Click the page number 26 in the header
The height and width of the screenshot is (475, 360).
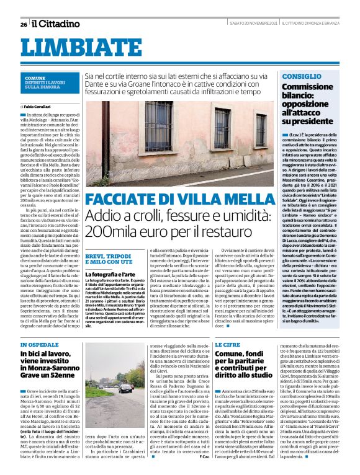[x=23, y=24]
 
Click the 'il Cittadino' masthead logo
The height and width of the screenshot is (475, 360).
[x=56, y=24]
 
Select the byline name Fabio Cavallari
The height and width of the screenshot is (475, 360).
[x=40, y=107]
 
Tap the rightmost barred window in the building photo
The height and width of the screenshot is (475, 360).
[x=261, y=130]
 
